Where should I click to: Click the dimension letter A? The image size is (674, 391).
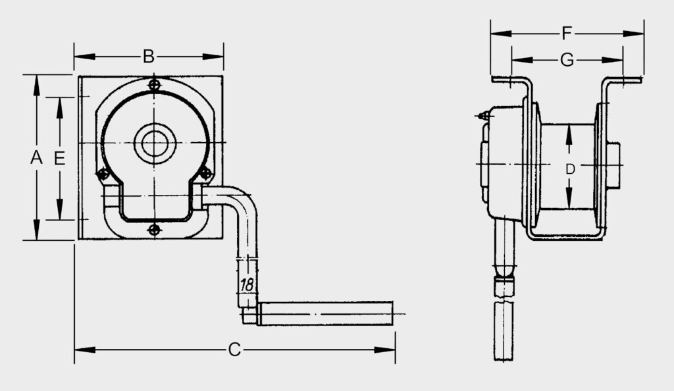pyautogui.click(x=36, y=158)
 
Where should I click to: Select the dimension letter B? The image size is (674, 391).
pyautogui.click(x=149, y=57)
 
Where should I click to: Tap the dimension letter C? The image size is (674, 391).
pyautogui.click(x=234, y=350)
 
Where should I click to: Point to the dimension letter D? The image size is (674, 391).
pyautogui.click(x=570, y=169)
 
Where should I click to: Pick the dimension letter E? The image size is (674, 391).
pyautogui.click(x=59, y=158)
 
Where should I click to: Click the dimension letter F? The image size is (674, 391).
pyautogui.click(x=567, y=33)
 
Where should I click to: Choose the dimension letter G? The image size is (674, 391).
pyautogui.click(x=567, y=60)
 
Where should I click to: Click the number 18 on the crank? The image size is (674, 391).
pyautogui.click(x=247, y=284)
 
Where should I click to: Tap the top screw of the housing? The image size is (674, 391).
pyautogui.click(x=154, y=84)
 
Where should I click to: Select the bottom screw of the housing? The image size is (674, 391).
pyautogui.click(x=154, y=230)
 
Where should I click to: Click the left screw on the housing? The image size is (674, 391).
pyautogui.click(x=103, y=174)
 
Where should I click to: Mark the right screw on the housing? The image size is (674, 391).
pyautogui.click(x=206, y=174)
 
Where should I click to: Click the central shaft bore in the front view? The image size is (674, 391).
pyautogui.click(x=155, y=143)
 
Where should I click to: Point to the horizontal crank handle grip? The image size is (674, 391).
pyautogui.click(x=325, y=314)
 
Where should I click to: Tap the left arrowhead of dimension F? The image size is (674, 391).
pyautogui.click(x=501, y=33)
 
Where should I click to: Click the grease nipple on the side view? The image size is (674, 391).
pyautogui.click(x=482, y=115)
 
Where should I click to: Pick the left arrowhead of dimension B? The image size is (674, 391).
pyautogui.click(x=85, y=57)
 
